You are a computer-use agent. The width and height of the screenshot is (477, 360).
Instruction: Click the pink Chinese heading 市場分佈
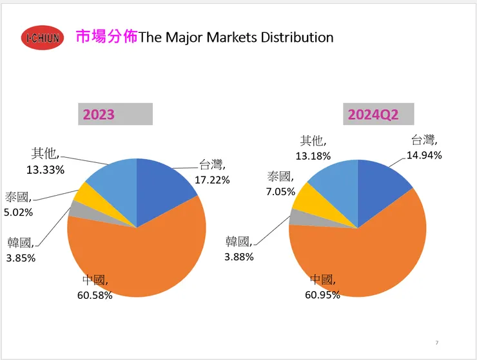tap(107, 36)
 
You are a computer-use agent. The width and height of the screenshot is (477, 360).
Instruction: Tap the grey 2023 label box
tap(115, 115)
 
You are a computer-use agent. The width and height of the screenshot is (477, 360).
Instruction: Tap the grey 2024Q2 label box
tap(377, 115)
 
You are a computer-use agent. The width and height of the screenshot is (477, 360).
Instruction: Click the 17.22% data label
tap(212, 180)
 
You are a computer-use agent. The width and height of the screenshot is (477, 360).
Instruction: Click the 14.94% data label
tap(423, 155)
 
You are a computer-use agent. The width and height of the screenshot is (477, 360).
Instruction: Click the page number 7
tap(436, 342)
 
